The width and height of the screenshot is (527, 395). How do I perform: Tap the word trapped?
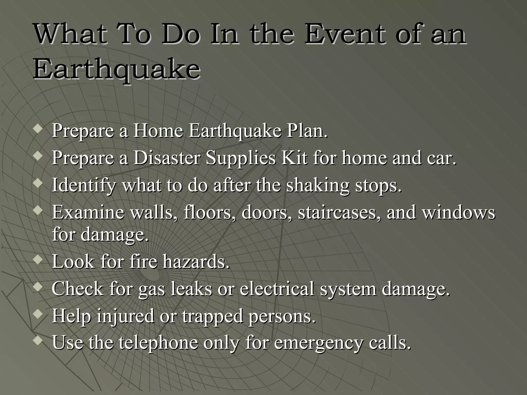213,316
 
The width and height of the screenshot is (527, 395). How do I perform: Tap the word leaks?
191,289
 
